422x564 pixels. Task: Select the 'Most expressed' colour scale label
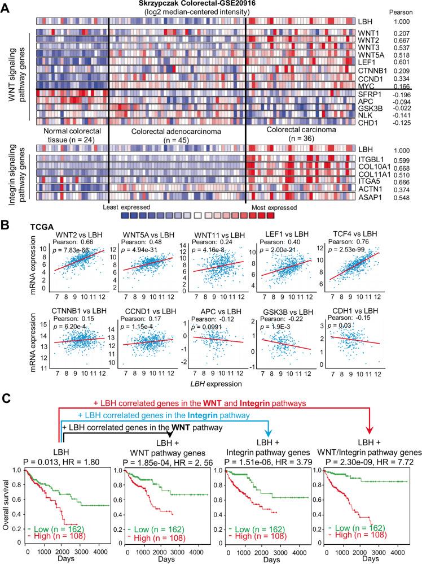tap(266, 207)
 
